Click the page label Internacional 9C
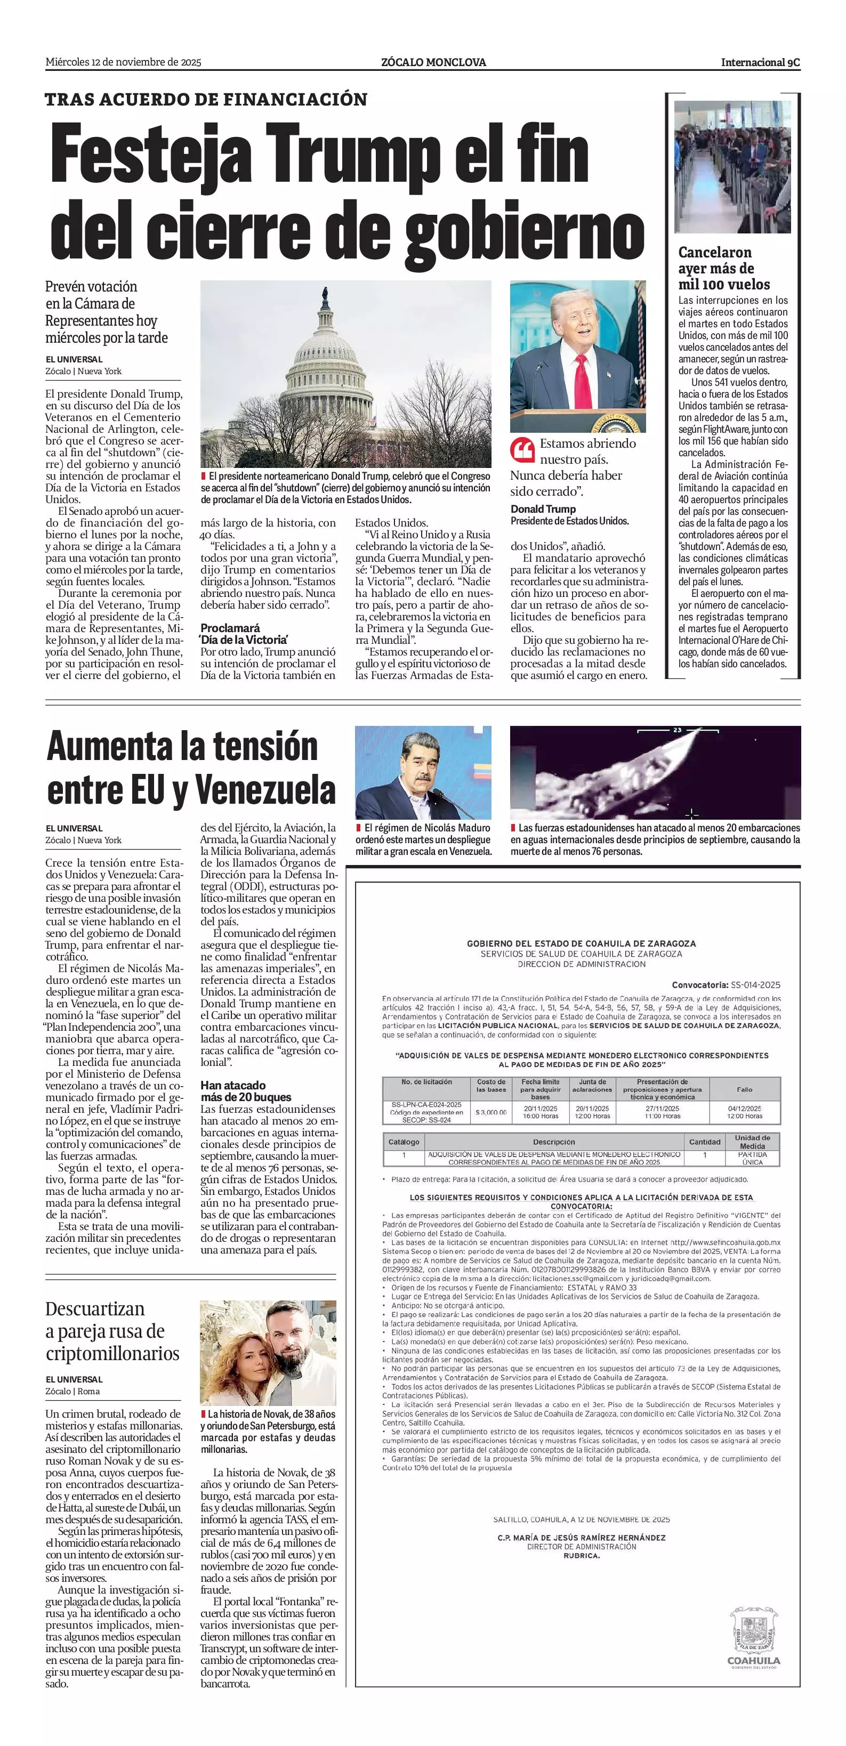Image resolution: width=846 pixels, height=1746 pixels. [x=760, y=62]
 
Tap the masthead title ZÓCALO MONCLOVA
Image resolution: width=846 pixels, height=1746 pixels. [x=433, y=62]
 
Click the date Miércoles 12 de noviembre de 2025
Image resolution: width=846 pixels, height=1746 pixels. [x=123, y=62]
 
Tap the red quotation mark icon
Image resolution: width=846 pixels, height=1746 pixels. [x=522, y=449]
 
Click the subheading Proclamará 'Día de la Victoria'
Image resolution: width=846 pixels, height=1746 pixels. [x=244, y=634]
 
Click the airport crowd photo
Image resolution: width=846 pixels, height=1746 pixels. [x=732, y=167]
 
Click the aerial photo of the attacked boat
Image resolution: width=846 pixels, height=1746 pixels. [x=655, y=773]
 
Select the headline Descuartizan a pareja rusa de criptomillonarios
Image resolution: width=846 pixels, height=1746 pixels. [x=112, y=1331]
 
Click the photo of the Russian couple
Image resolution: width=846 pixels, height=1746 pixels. [x=268, y=1353]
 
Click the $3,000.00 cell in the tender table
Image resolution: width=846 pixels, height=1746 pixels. [x=491, y=1112]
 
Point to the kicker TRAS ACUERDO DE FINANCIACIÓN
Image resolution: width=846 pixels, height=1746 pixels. [x=206, y=100]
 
